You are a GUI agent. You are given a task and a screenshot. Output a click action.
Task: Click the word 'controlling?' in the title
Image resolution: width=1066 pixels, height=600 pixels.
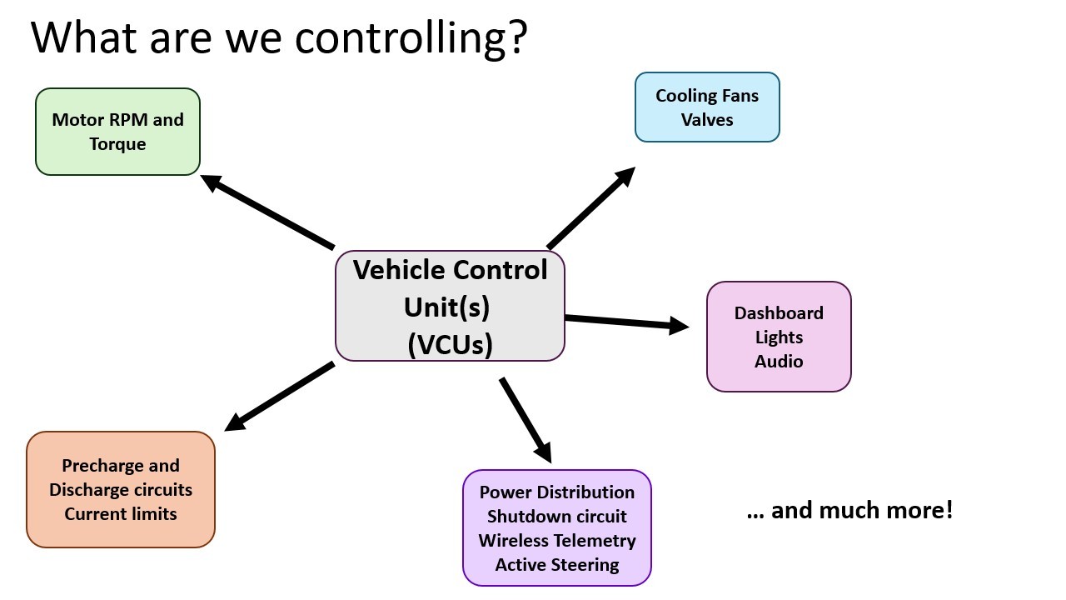coord(411,39)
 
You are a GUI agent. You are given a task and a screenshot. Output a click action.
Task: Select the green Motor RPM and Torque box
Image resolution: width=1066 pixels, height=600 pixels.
coord(117,132)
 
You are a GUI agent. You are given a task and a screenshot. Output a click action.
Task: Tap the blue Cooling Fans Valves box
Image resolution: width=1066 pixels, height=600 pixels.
coord(707,107)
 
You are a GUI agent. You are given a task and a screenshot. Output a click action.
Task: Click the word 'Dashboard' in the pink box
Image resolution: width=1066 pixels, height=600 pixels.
coord(779,312)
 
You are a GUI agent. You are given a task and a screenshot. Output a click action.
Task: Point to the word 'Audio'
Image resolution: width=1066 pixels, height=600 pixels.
coord(779,362)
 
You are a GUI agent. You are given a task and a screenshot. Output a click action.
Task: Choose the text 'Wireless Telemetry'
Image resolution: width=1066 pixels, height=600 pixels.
coord(557,541)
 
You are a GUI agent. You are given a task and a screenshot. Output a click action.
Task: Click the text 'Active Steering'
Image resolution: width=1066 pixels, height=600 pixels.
coord(557,565)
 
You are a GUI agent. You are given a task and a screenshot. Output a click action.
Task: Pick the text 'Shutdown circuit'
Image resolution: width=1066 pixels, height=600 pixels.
coord(557,516)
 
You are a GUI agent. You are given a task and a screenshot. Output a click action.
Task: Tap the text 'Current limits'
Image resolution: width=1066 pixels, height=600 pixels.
coord(121,514)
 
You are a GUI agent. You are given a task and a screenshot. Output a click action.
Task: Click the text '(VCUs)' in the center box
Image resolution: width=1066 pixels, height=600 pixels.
coord(450,344)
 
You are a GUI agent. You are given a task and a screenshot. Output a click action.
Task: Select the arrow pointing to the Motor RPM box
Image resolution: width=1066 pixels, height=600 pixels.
coord(267,212)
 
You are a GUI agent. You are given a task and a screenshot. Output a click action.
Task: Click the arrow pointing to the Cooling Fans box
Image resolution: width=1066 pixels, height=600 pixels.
coord(591,208)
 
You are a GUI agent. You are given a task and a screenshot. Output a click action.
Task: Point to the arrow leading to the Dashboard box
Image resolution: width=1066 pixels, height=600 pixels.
coord(627,322)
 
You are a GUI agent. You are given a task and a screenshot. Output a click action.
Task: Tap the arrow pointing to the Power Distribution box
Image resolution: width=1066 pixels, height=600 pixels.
coord(526,420)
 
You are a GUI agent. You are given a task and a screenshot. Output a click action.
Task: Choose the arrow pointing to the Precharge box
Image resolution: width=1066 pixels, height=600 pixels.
coord(279,397)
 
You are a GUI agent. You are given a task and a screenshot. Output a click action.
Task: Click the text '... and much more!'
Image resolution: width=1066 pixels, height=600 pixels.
coord(850,511)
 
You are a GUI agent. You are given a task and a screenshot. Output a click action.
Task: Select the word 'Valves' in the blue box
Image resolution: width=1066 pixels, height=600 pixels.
coord(707,120)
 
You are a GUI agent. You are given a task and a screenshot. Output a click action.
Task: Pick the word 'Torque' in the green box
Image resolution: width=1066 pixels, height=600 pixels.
coord(117,144)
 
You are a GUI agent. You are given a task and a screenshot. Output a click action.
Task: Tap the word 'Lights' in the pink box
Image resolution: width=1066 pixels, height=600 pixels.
coord(779,337)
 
